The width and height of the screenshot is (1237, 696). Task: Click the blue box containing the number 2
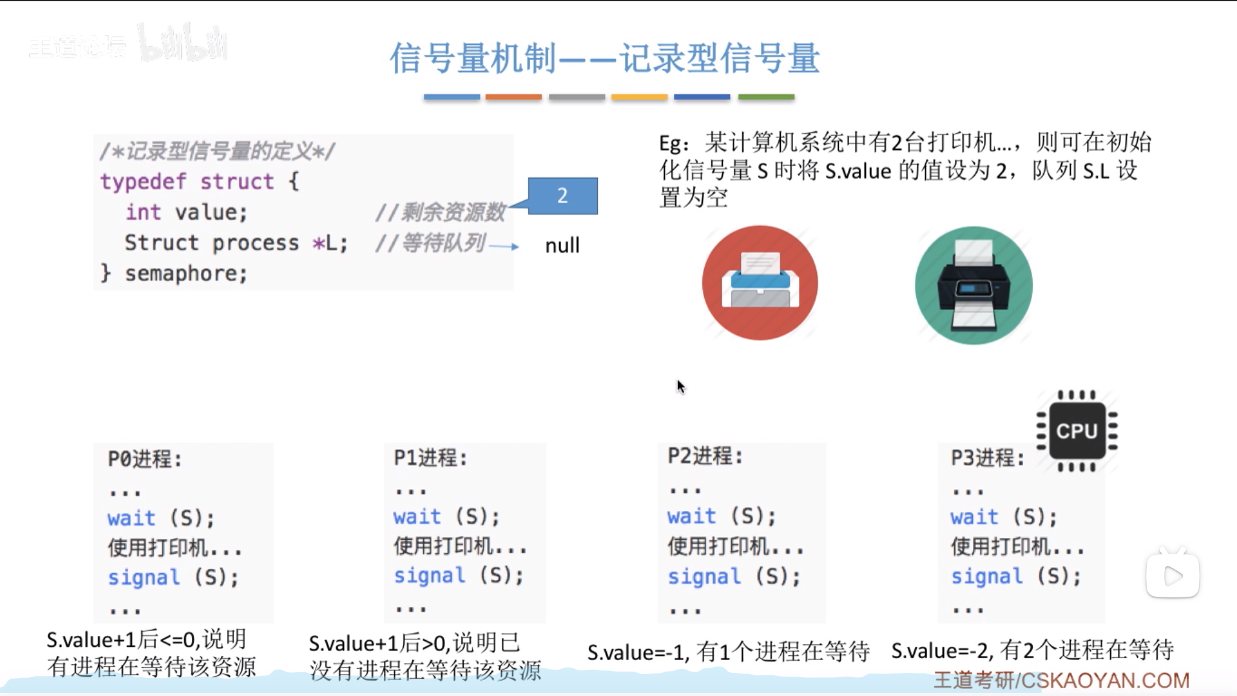pos(562,195)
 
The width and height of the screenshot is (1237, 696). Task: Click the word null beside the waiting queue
pos(562,246)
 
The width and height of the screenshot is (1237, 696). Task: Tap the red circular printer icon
pos(760,283)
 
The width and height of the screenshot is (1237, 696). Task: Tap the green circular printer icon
pos(973,285)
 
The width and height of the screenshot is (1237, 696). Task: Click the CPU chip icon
pos(1077,430)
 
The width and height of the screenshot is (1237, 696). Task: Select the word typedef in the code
pos(143,182)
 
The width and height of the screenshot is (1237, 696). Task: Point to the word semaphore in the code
pos(186,274)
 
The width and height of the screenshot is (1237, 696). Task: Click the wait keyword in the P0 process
pos(131,518)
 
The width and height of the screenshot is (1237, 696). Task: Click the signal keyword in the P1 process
pos(429,575)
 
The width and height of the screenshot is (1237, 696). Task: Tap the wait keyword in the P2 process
pos(691,516)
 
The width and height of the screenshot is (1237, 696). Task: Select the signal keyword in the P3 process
pos(986,576)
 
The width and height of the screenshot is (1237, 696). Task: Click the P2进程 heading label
pos(705,456)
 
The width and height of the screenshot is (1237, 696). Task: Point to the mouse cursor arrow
pos(680,386)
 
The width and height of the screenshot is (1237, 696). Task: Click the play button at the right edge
pos(1173,575)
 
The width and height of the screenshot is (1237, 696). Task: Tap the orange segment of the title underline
pos(513,97)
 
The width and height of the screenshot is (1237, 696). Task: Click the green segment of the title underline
pos(766,97)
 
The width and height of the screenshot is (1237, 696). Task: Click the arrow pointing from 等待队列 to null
pos(504,246)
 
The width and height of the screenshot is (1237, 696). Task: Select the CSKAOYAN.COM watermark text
pos(1104,681)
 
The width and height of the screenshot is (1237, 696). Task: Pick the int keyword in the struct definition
pos(143,212)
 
